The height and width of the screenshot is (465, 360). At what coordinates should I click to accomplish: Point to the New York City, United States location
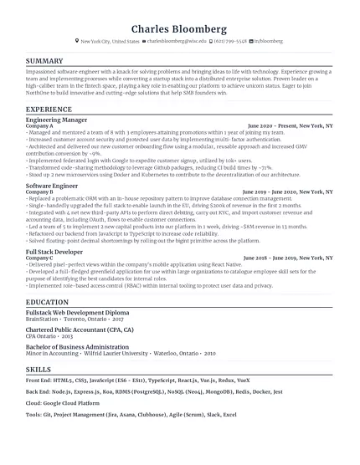click(110, 40)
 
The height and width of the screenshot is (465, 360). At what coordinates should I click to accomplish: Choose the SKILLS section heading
click(39, 391)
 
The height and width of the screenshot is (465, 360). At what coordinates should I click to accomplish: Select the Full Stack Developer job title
click(56, 251)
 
